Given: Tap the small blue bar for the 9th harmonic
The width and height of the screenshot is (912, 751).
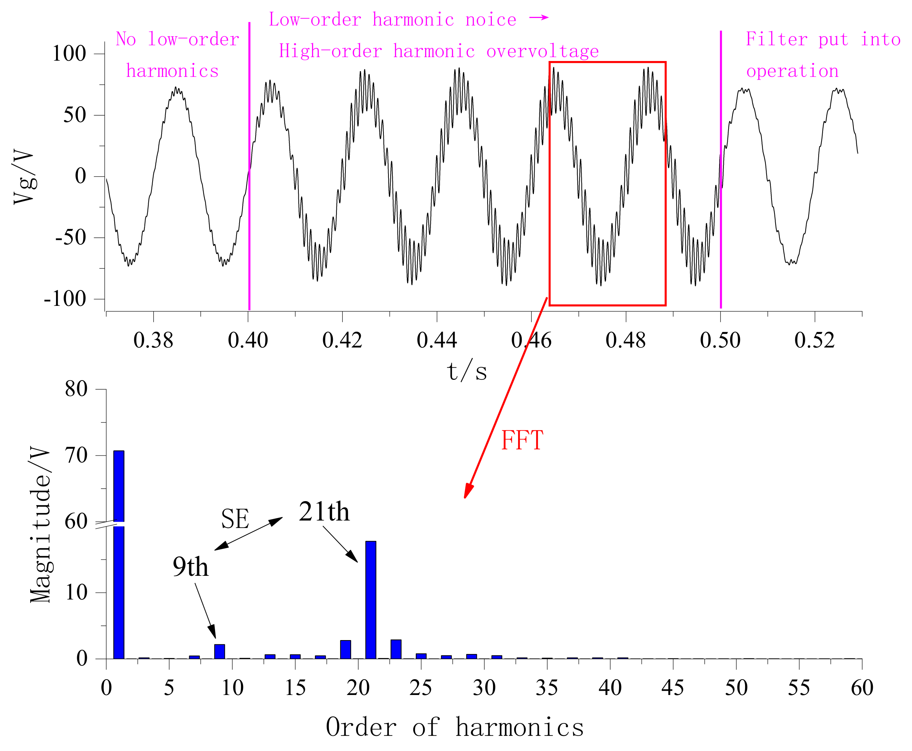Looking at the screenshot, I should pos(219,651).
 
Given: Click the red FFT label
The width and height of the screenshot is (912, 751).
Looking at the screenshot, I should pos(521,441).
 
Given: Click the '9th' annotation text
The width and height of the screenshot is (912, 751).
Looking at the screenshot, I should pos(190,567).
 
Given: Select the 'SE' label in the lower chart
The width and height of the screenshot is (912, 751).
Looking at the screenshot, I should pos(235,519).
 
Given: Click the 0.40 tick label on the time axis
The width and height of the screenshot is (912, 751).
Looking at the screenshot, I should pos(248,340).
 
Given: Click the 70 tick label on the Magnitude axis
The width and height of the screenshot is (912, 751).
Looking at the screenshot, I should pos(76,455).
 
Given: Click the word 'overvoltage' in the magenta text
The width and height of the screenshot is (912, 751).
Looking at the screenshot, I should pos(542,51).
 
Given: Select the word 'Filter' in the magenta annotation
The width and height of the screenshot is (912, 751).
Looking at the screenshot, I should pos(777,39).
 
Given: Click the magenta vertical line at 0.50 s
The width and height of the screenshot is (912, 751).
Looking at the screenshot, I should pos(720,173).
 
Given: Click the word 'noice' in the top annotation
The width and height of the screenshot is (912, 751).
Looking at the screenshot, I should pos(490,20).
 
